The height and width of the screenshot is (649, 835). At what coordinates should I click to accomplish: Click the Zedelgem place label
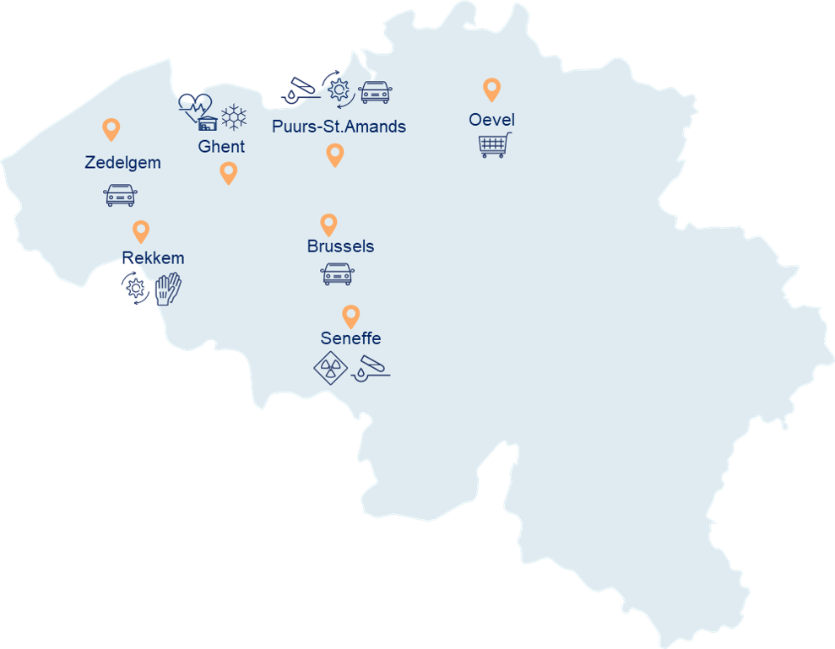tap(122, 163)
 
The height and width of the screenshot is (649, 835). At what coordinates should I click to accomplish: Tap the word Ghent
tap(221, 147)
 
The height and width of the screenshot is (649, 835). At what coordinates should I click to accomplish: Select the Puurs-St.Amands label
tap(339, 127)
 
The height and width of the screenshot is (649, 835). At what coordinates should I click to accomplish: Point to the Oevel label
tap(491, 120)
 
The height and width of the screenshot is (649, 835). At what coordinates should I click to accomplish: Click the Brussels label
tap(340, 246)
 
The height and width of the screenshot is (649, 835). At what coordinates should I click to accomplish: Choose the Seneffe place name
tap(350, 338)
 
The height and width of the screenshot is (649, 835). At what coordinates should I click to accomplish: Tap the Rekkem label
tap(153, 258)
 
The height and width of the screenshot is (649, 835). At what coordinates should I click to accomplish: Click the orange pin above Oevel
tap(491, 89)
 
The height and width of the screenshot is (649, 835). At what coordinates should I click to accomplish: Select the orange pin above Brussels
tap(328, 224)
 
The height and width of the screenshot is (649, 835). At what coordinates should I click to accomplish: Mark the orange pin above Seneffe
tap(350, 316)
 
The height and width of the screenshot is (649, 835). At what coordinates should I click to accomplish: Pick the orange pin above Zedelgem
tap(111, 128)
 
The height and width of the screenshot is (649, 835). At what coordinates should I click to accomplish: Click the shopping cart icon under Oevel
tap(495, 145)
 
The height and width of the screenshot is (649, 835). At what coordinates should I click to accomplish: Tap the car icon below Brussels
tap(338, 273)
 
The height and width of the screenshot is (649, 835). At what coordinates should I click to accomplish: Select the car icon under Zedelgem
tap(120, 195)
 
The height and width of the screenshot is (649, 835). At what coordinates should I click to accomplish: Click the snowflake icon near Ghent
tap(233, 116)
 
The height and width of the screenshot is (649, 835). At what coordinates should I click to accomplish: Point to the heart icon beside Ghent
tap(193, 107)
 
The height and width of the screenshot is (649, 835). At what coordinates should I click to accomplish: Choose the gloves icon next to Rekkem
tap(168, 289)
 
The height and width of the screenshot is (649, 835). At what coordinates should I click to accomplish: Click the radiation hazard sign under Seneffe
tap(329, 369)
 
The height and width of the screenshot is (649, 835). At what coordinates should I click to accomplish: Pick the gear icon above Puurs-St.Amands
tap(339, 89)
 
